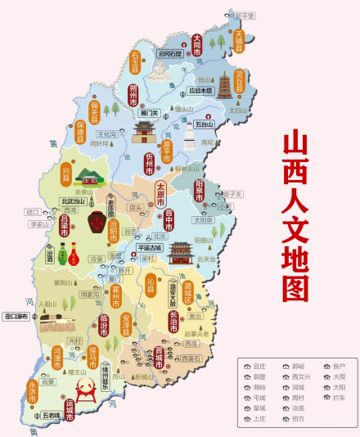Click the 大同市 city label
click(x=196, y=44)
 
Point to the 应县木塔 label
click(x=200, y=91)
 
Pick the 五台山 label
click(x=204, y=125)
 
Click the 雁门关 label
click(x=149, y=113)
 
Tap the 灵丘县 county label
click(x=240, y=81)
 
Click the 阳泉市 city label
click(x=200, y=193)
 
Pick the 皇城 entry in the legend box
click(x=259, y=408)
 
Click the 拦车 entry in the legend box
click(x=338, y=397)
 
